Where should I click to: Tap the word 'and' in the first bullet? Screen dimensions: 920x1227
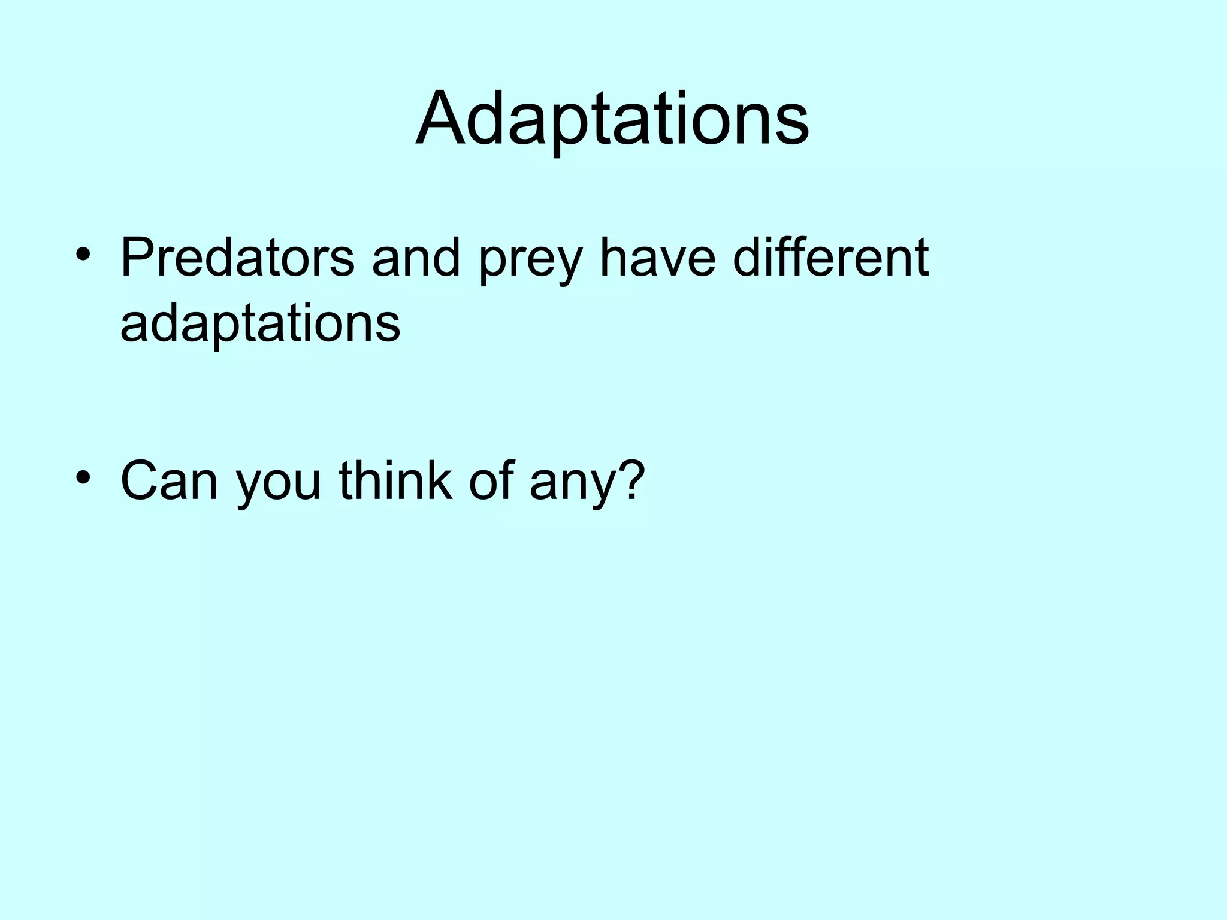point(415,258)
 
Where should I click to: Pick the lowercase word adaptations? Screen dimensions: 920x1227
point(260,324)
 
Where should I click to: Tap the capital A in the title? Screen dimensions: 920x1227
point(439,120)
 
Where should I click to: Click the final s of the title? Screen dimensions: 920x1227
point(794,126)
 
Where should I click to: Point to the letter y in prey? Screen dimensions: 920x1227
point(567,267)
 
